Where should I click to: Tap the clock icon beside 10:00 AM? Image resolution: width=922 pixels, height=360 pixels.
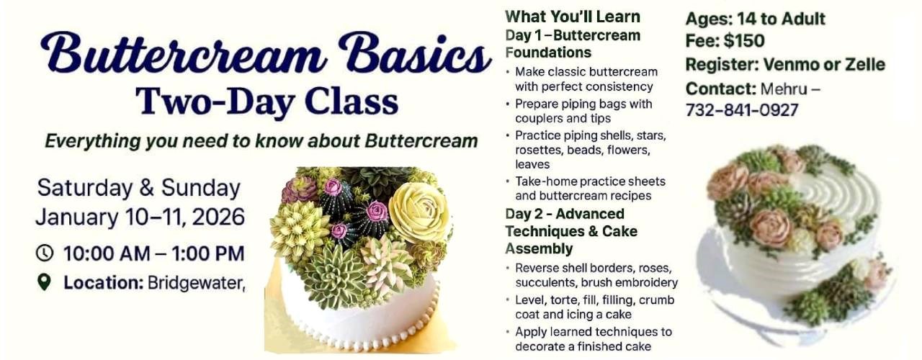point(45,253)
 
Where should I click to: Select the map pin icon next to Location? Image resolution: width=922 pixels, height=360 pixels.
point(45,282)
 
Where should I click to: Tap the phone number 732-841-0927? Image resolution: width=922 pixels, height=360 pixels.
point(742,110)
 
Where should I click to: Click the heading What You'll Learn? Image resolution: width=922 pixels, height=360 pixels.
point(573,16)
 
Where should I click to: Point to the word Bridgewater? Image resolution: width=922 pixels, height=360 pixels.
point(196,283)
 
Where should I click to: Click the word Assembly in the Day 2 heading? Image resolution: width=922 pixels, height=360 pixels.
point(539,248)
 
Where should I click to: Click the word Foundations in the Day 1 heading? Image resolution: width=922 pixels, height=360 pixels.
point(548,53)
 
